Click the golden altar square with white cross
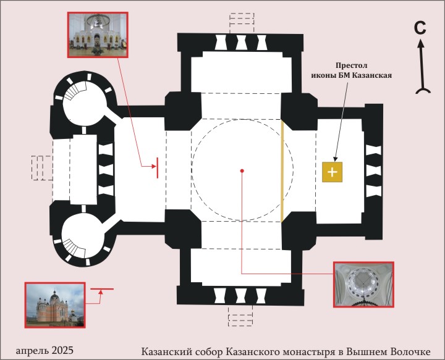click(x=332, y=172)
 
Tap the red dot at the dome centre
click(x=242, y=171)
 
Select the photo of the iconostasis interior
click(x=98, y=35)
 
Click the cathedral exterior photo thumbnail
click(x=55, y=305)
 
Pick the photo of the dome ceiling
click(x=364, y=284)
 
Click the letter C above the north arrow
click(x=420, y=28)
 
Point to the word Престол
click(x=351, y=65)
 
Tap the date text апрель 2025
click(x=44, y=350)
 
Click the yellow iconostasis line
click(x=282, y=170)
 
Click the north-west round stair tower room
click(x=85, y=104)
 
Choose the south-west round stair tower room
click(x=83, y=235)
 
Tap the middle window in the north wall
click(x=240, y=43)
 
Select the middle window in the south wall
click(x=240, y=296)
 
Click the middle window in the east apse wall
click(x=373, y=171)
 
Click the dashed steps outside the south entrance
click(x=240, y=316)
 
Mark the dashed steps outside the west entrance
click(x=42, y=168)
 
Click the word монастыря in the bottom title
click(x=308, y=352)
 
